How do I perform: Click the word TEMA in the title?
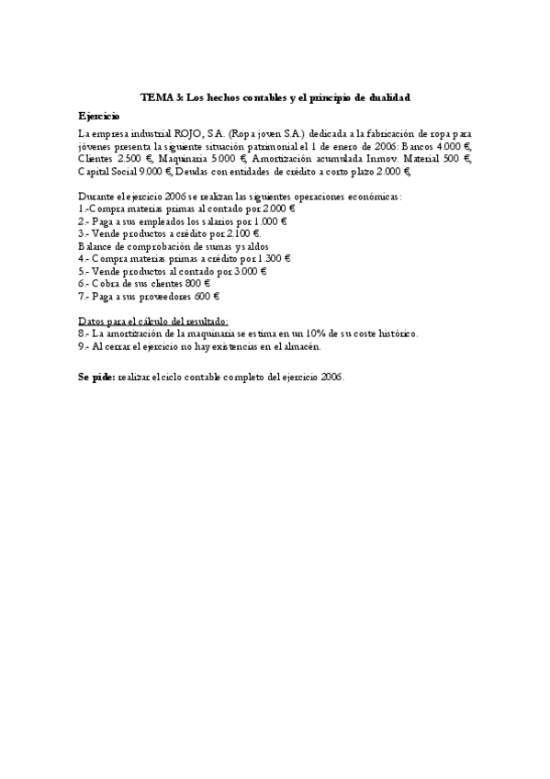click(x=154, y=96)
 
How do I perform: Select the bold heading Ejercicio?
click(x=98, y=117)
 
